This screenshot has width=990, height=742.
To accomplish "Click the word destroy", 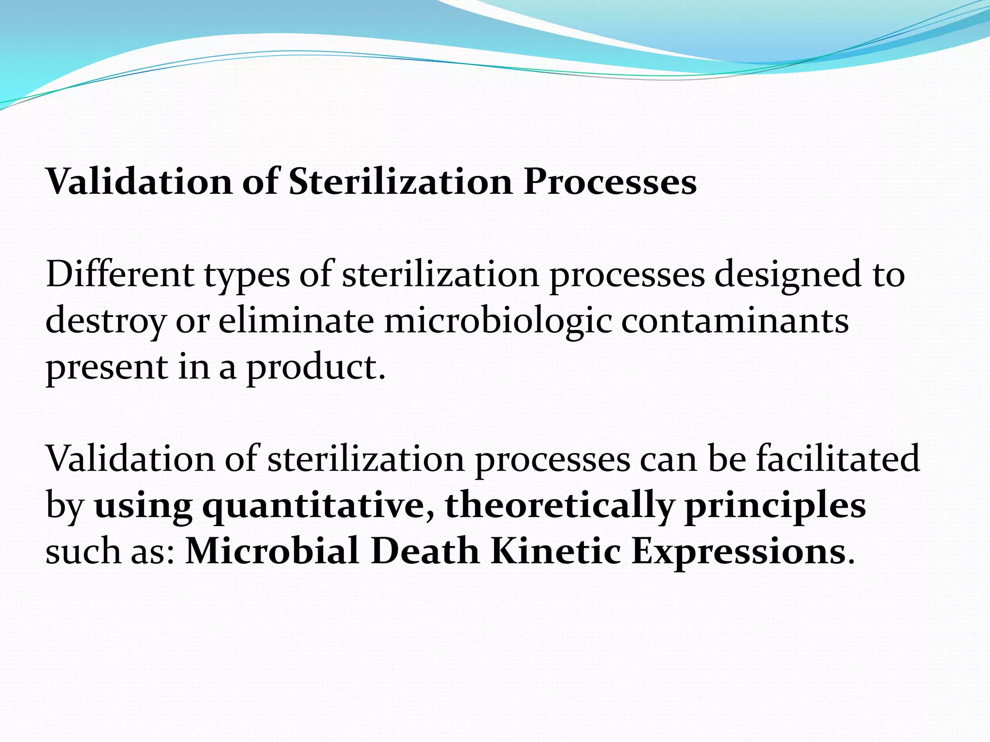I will pyautogui.click(x=105, y=322).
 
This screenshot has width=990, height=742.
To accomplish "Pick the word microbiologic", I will pyautogui.click(x=497, y=322).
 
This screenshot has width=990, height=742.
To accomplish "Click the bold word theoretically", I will pyautogui.click(x=559, y=505).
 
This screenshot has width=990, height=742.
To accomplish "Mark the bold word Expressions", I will pyautogui.click(x=739, y=552).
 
